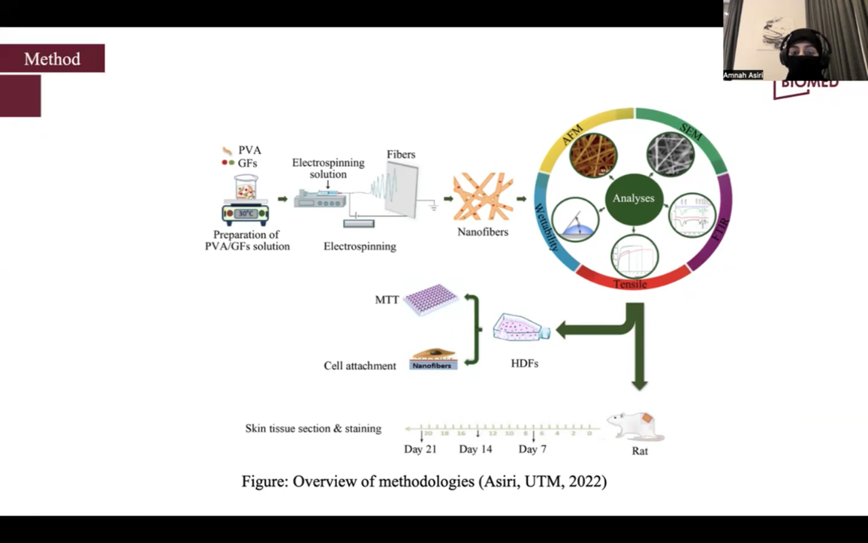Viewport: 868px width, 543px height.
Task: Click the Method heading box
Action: tap(52, 59)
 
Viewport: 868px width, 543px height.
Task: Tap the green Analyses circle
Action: tap(633, 198)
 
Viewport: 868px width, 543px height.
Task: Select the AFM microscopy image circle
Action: tap(593, 155)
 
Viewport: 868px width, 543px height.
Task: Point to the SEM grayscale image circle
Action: tap(670, 155)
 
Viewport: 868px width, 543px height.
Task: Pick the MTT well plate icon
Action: tap(431, 299)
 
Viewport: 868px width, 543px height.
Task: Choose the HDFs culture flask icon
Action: tap(521, 330)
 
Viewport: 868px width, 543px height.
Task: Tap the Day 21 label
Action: tap(420, 449)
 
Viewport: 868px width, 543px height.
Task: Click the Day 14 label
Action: tap(475, 449)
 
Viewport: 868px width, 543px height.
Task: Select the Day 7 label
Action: tap(532, 449)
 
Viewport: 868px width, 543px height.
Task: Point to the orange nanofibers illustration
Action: tap(483, 197)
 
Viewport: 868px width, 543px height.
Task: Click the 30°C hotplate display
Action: tap(245, 213)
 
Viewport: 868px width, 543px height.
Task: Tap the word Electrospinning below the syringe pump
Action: tap(359, 246)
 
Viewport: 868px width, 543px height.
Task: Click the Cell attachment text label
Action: tap(359, 366)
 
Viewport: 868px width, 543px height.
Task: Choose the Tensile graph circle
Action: tap(635, 257)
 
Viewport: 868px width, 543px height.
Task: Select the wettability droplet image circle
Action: tap(576, 221)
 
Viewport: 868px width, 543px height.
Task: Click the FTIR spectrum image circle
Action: tap(692, 216)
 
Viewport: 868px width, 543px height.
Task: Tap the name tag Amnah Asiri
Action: tap(743, 75)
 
